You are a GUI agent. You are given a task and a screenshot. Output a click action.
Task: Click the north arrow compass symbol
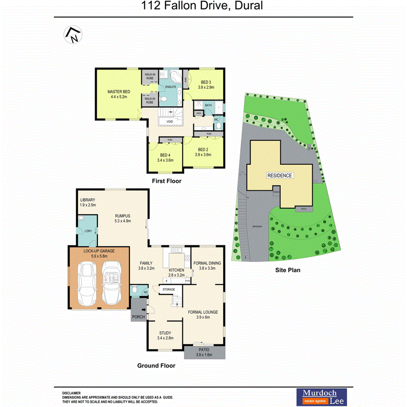point(73,35)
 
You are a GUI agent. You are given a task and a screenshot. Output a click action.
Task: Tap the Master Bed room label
point(117,92)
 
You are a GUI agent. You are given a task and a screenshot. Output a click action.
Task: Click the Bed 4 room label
point(165,155)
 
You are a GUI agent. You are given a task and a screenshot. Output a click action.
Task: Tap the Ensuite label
point(170,87)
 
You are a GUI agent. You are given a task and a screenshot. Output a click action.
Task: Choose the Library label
point(88,200)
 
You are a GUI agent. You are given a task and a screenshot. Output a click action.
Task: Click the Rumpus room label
point(123,215)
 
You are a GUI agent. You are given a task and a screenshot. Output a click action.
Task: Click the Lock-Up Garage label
point(99,251)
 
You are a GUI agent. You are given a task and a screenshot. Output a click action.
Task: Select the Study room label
point(165,333)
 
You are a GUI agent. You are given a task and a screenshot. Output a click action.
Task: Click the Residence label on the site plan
point(280,176)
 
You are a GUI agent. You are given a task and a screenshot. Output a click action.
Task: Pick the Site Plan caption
point(287,270)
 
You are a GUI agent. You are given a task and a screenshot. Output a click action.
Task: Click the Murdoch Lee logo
point(321,395)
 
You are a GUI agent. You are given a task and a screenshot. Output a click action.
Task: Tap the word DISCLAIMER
point(72,393)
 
